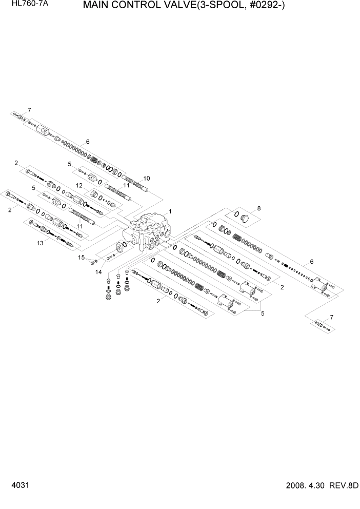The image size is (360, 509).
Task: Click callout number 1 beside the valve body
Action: point(170,211)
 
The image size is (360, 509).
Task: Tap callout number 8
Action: point(259,208)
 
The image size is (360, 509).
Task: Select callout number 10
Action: point(147,178)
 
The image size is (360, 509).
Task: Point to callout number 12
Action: point(79,185)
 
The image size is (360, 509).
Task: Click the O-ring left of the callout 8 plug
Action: point(237,214)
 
